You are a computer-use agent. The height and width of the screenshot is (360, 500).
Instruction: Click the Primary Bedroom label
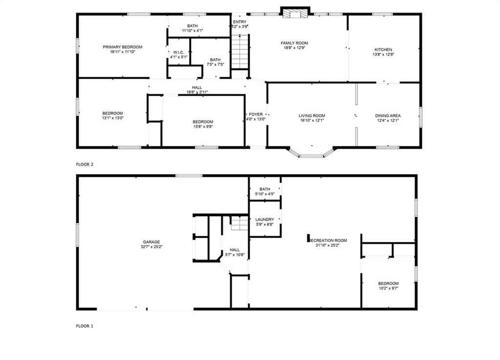coord(122,47)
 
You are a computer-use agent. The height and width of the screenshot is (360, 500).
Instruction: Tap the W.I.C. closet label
coord(178,52)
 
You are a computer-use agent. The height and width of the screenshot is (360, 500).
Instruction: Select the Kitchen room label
coord(383,50)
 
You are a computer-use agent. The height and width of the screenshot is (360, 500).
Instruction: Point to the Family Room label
coord(294,43)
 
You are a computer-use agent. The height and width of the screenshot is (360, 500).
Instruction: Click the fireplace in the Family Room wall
coord(295,14)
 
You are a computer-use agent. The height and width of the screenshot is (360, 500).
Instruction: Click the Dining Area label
coord(388,116)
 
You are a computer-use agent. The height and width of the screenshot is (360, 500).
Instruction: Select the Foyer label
coord(255,114)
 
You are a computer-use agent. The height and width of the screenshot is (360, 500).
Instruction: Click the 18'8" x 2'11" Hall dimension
coord(197,92)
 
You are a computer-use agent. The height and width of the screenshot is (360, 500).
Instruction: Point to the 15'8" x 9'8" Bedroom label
coord(203,122)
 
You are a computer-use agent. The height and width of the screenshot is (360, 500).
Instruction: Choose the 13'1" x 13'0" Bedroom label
coord(112,113)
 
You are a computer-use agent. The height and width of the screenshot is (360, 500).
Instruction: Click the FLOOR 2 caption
coord(84,164)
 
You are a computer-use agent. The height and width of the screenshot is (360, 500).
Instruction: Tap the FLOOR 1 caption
coord(84,326)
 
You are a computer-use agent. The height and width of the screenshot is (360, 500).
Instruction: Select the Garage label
coord(151,242)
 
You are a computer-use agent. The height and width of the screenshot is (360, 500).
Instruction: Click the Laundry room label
coord(265,220)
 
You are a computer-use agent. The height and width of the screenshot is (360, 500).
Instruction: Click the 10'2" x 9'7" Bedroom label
coord(388,283)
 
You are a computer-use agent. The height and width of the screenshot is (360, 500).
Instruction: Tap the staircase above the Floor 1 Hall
coord(239,224)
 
